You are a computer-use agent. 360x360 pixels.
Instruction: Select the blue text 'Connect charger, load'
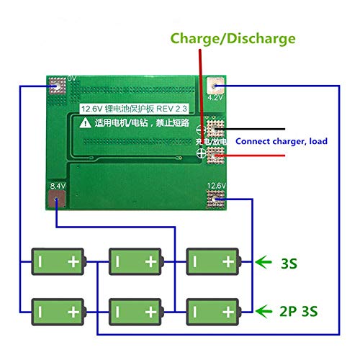282,141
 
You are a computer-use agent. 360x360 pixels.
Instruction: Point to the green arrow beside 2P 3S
264,311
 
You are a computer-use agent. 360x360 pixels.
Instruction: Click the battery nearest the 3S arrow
213,263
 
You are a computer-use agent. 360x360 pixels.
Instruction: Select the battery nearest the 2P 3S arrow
213,311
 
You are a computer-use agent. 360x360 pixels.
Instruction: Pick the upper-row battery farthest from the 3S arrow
58,263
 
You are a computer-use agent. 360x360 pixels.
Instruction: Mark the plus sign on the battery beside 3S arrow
228,263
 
